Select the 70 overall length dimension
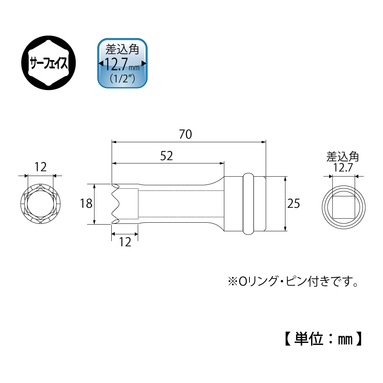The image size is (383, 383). tap(185, 134)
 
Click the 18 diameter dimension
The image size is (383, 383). tap(86, 204)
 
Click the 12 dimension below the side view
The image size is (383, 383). tap(125, 242)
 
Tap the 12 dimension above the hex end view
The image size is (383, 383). tap(40, 167)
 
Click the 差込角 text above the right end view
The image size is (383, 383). tap(342, 156)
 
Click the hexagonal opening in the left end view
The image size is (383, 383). tap(40, 204)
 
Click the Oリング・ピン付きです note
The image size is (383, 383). tap(293, 283)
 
